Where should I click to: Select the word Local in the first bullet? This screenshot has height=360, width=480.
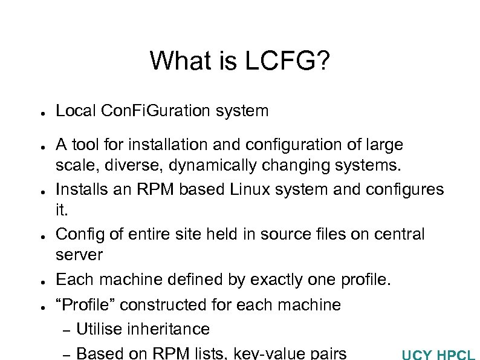pos(77,111)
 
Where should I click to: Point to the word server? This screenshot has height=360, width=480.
pos(79,255)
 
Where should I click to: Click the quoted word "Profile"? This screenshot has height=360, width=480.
pos(82,304)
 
